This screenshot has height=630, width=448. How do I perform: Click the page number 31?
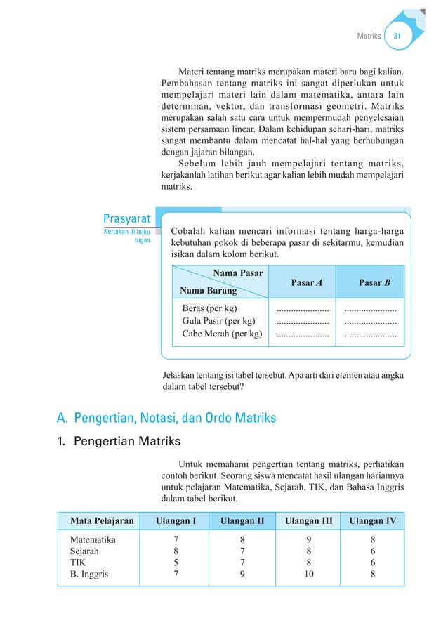pos(397,36)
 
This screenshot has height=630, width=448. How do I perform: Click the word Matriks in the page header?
pos(369,36)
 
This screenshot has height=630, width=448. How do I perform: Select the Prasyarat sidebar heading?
pos(126,219)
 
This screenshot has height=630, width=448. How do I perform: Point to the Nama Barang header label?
pos(208,290)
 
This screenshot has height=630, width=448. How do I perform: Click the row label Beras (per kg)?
pos(210,308)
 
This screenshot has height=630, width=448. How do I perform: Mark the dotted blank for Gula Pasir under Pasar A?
pos(303,322)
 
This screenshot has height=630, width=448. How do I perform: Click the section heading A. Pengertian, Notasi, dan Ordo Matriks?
pos(166,419)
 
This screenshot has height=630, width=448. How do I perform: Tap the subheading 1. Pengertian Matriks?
pos(119,442)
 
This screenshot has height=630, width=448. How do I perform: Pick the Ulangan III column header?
pos(308,520)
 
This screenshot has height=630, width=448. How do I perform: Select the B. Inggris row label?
pos(88,574)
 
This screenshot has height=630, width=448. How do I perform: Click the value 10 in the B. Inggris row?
pos(308,574)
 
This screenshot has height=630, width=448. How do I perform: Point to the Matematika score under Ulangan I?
pos(175,539)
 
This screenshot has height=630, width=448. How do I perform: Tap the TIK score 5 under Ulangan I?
pos(175,563)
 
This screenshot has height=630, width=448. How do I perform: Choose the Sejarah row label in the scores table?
pos(84,551)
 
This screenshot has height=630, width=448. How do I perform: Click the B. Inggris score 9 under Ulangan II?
pos(242,574)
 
